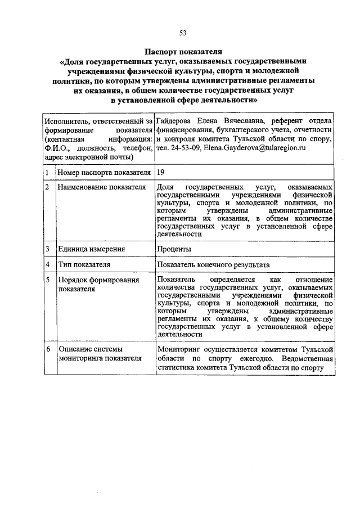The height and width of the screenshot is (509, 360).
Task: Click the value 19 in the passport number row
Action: point(161,172)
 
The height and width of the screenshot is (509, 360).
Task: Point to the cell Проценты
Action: point(174,249)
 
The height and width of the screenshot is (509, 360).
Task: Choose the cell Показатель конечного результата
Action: point(214,264)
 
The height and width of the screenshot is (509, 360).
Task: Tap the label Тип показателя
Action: point(83,264)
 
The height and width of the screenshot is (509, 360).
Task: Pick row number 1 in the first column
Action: point(48,172)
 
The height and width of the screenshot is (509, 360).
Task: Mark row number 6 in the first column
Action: point(48,349)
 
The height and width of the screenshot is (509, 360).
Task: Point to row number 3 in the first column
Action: point(48,249)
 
